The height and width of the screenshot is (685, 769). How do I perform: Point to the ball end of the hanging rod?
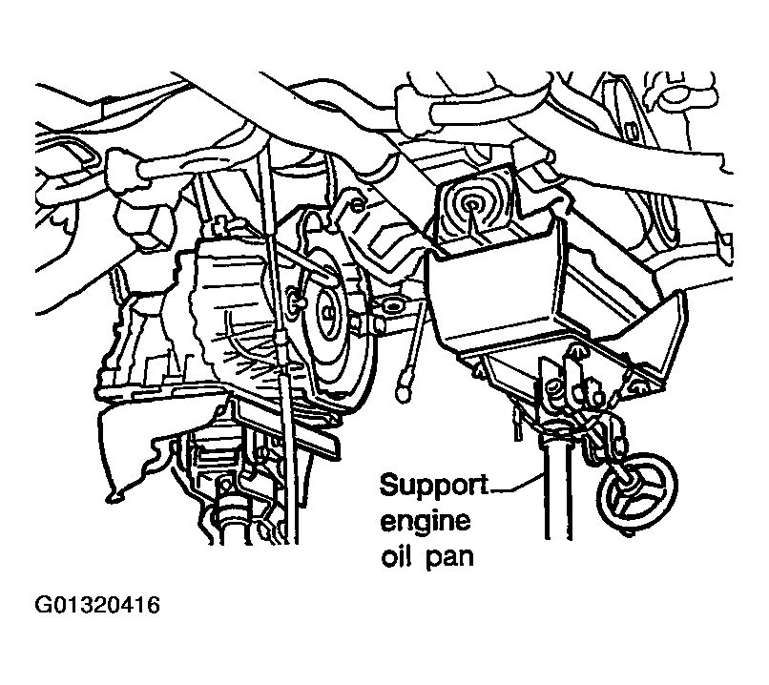point(405,390)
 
